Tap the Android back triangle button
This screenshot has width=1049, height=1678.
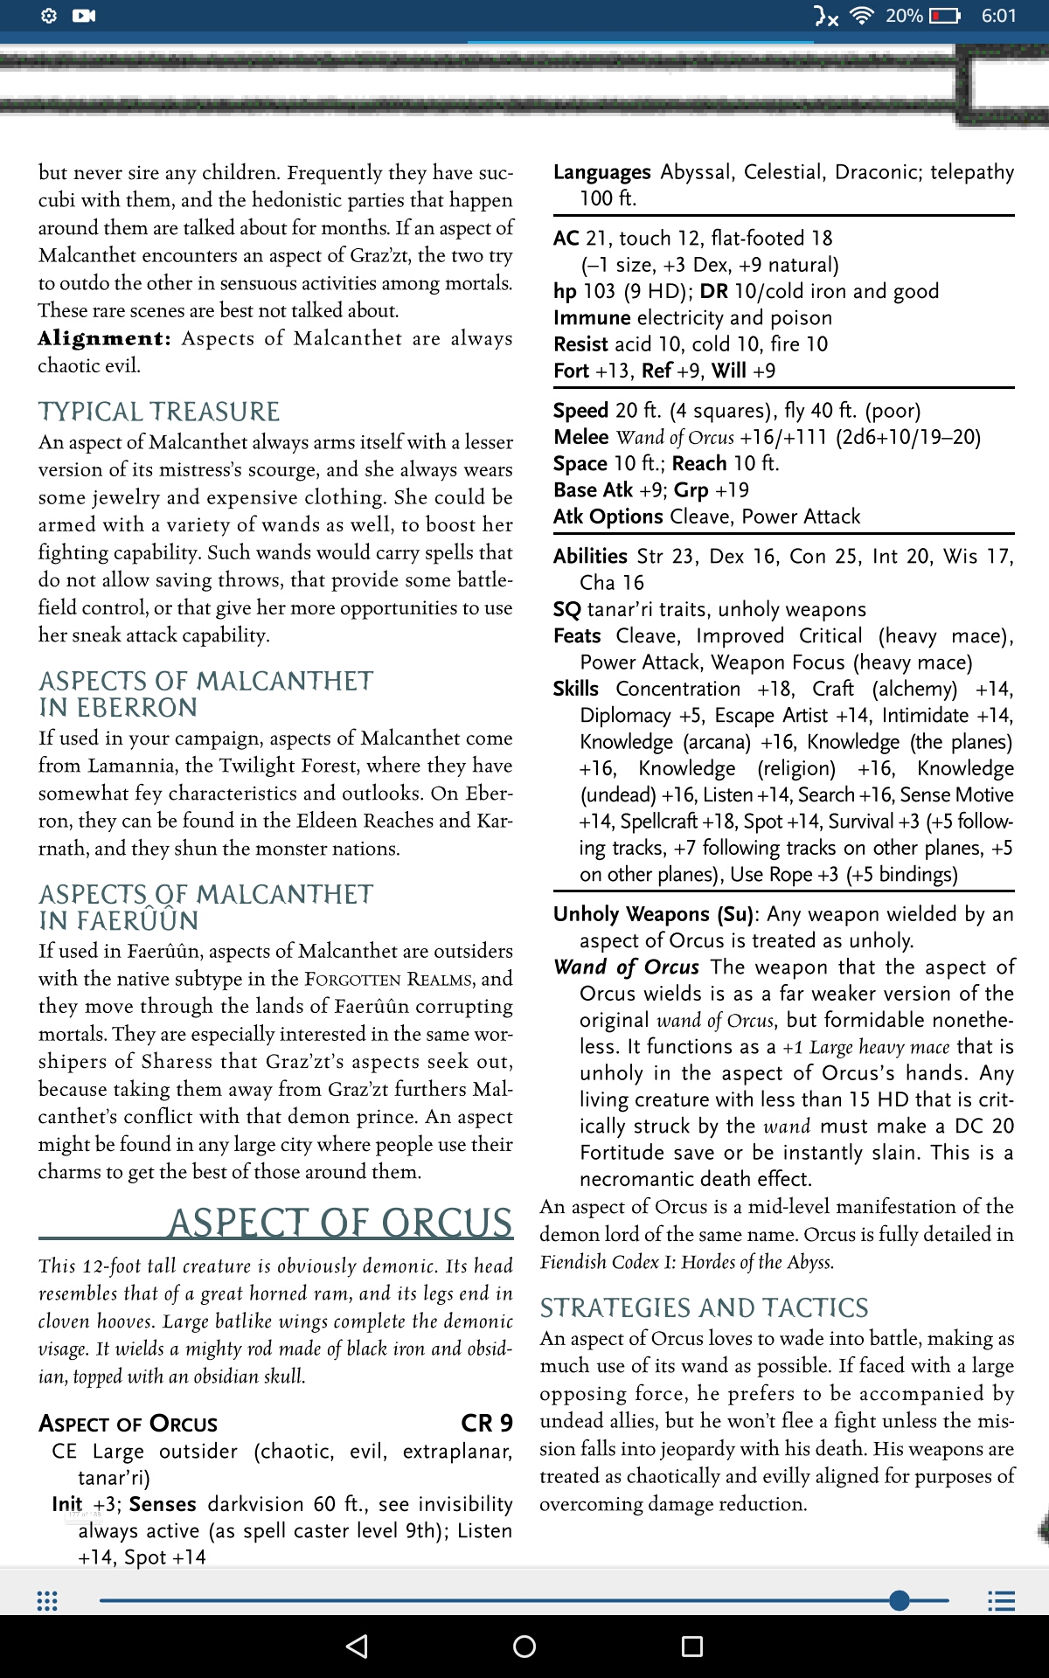coord(357,1647)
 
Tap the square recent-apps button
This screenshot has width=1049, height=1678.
coord(691,1647)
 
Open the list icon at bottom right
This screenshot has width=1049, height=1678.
coord(1001,1601)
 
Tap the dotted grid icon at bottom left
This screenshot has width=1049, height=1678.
coord(47,1601)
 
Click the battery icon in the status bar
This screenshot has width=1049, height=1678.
coord(944,16)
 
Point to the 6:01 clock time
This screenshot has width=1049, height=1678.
coord(998,16)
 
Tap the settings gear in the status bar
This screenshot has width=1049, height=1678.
coord(49,16)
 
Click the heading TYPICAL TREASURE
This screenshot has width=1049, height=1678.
coord(159,412)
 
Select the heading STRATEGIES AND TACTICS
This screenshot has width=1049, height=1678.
coord(704,1307)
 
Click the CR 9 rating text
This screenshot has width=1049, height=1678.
coord(486,1424)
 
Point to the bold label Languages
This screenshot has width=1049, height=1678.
coord(602,172)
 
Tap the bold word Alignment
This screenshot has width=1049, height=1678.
coord(104,338)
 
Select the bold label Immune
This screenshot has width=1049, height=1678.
coord(592,317)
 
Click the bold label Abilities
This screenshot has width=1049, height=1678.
coord(590,556)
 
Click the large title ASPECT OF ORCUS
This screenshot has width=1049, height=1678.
coord(340,1223)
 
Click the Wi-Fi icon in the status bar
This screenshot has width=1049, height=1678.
coord(862,16)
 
